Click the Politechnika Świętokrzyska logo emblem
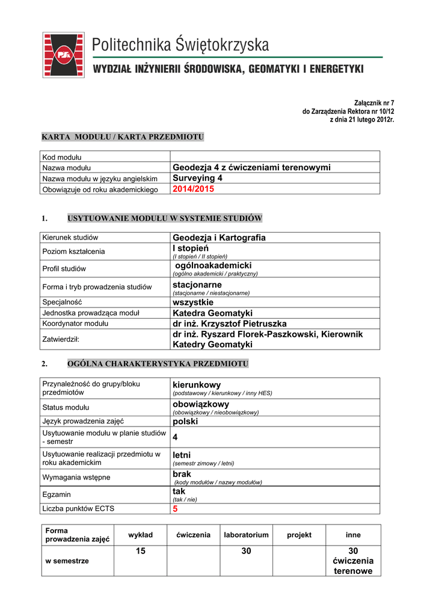pyautogui.click(x=63, y=56)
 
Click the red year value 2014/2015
pyautogui.click(x=193, y=189)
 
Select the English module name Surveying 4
pyautogui.click(x=197, y=178)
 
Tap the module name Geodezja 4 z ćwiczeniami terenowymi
pyautogui.click(x=251, y=167)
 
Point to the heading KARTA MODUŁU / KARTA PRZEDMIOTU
pyautogui.click(x=123, y=137)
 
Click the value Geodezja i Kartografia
pyautogui.click(x=219, y=238)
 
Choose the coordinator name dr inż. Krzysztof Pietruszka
pyautogui.click(x=229, y=324)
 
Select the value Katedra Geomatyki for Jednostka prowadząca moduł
pyautogui.click(x=212, y=313)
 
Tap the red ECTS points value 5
pyautogui.click(x=175, y=509)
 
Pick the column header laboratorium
pyautogui.click(x=246, y=535)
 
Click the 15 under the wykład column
pyautogui.click(x=140, y=550)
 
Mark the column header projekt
pyautogui.click(x=299, y=535)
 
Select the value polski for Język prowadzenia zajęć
pyautogui.click(x=185, y=421)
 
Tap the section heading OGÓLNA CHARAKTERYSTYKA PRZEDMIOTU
pyautogui.click(x=158, y=364)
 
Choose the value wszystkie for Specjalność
pyautogui.click(x=193, y=302)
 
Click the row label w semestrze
pyautogui.click(x=67, y=561)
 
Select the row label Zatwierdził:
pyautogui.click(x=62, y=339)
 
